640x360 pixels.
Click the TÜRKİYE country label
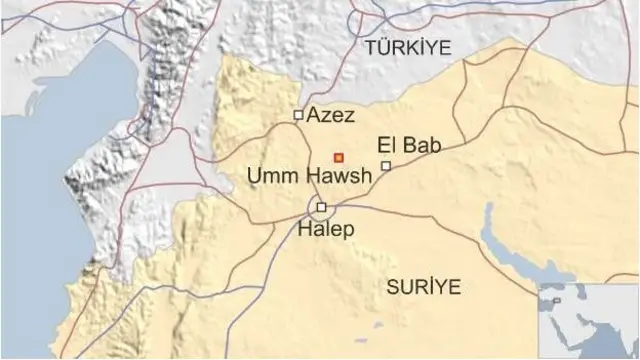coord(408,47)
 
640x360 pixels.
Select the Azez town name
coord(330,115)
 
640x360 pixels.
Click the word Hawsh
coord(338,177)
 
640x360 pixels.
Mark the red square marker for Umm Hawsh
coord(339,156)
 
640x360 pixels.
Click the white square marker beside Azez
coord(298,115)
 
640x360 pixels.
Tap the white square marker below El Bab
coord(386,165)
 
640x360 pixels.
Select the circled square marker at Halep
coord(321,208)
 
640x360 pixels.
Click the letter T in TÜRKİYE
coord(371,47)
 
